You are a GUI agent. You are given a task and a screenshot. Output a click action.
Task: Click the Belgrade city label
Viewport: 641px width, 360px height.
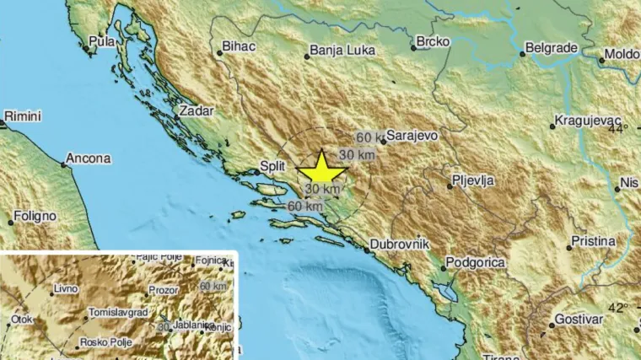[555, 49]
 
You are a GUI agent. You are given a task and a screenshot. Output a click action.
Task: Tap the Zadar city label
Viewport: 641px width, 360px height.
[197, 110]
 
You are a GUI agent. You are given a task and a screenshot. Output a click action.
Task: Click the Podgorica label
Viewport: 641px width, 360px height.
[476, 263]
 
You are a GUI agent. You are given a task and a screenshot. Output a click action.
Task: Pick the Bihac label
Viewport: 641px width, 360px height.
[238, 47]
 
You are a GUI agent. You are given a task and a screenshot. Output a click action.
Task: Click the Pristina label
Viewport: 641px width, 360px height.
[593, 241]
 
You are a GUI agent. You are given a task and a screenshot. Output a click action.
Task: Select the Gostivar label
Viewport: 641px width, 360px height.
[578, 320]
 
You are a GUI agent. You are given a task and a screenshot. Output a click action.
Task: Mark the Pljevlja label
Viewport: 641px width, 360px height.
[472, 180]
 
